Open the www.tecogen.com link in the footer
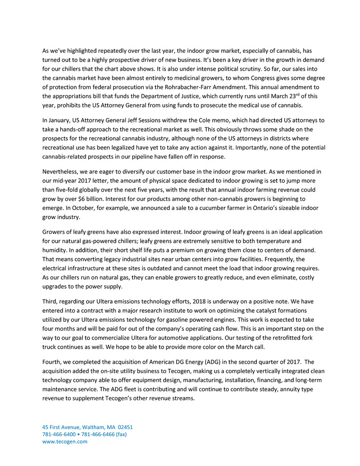pyautogui.click(x=64, y=442)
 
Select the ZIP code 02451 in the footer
pyautogui.click(x=124, y=427)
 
